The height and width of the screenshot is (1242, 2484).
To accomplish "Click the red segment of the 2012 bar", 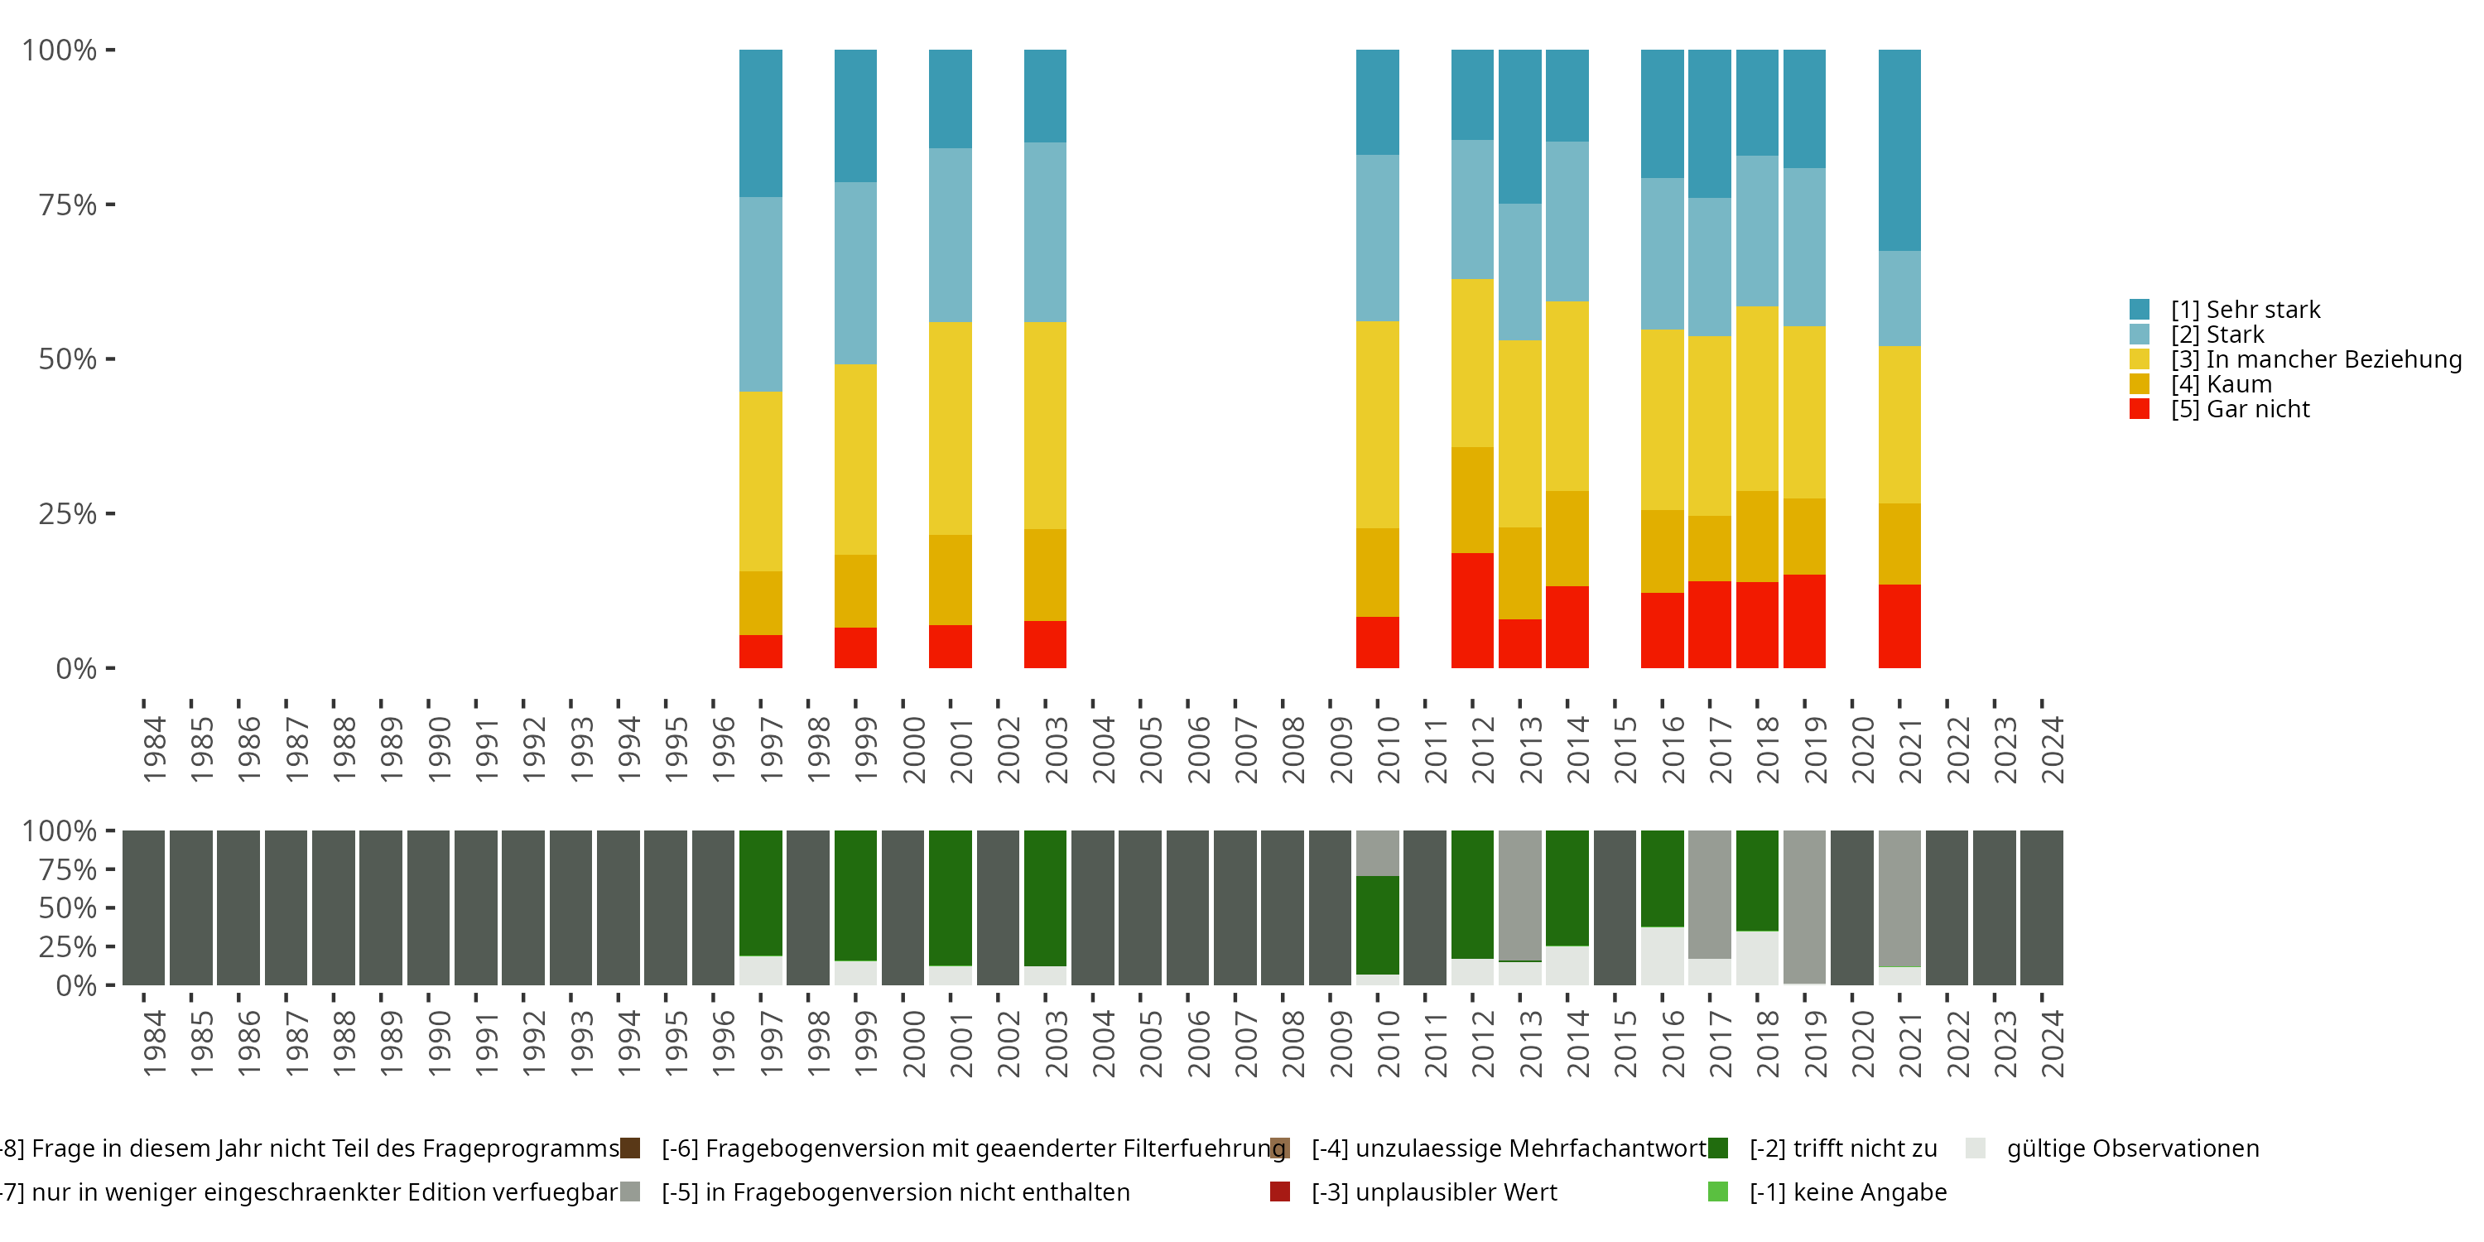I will [x=1471, y=609].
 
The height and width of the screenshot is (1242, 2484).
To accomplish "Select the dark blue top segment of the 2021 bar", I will [x=1899, y=150].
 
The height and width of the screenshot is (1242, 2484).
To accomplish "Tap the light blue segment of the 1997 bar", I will [x=760, y=294].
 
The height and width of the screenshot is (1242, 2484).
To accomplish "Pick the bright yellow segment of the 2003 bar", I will [x=1044, y=426].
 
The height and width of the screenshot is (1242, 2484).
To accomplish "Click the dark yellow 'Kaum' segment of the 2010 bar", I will [x=1377, y=572].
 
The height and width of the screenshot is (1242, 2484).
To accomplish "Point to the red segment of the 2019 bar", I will [x=1803, y=621].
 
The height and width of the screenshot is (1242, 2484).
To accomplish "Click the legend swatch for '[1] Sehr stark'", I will [x=2139, y=310].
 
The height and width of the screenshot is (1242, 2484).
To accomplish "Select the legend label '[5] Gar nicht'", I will [x=2239, y=410].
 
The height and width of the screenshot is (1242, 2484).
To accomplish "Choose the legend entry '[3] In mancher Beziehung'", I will [x=2315, y=359].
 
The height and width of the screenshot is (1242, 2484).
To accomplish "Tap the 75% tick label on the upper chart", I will [x=68, y=205].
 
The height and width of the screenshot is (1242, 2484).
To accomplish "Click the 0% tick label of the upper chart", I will [x=76, y=668].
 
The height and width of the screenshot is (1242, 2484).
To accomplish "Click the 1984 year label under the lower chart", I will [x=154, y=1043].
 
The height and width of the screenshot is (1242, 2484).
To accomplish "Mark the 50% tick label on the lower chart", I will [x=68, y=908].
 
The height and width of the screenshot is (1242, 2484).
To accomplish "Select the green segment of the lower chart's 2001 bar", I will [x=950, y=897].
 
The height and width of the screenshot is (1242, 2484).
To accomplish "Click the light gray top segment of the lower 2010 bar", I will [x=1377, y=853].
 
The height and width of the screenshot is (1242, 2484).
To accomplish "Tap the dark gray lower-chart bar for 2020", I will [x=1851, y=907].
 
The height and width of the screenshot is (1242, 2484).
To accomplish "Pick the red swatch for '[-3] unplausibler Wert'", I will [x=1279, y=1191].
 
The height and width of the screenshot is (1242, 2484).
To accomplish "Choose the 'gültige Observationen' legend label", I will [x=2132, y=1148].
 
